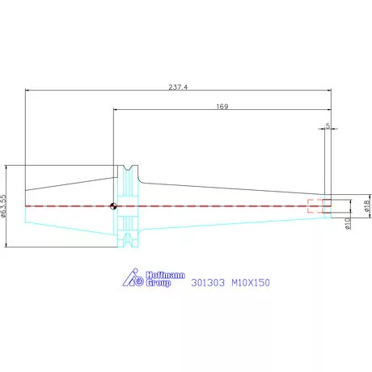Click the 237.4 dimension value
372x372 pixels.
click(178, 87)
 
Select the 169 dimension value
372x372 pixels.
click(222, 107)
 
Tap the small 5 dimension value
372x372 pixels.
click(328, 125)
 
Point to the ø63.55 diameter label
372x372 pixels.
click(3, 206)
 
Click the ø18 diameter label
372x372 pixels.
click(367, 205)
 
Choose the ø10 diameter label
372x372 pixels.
click(348, 223)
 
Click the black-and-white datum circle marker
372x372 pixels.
click(113, 206)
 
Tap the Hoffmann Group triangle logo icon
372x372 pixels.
click(133, 277)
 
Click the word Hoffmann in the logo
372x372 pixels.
click(165, 275)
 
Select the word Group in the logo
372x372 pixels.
click(159, 283)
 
